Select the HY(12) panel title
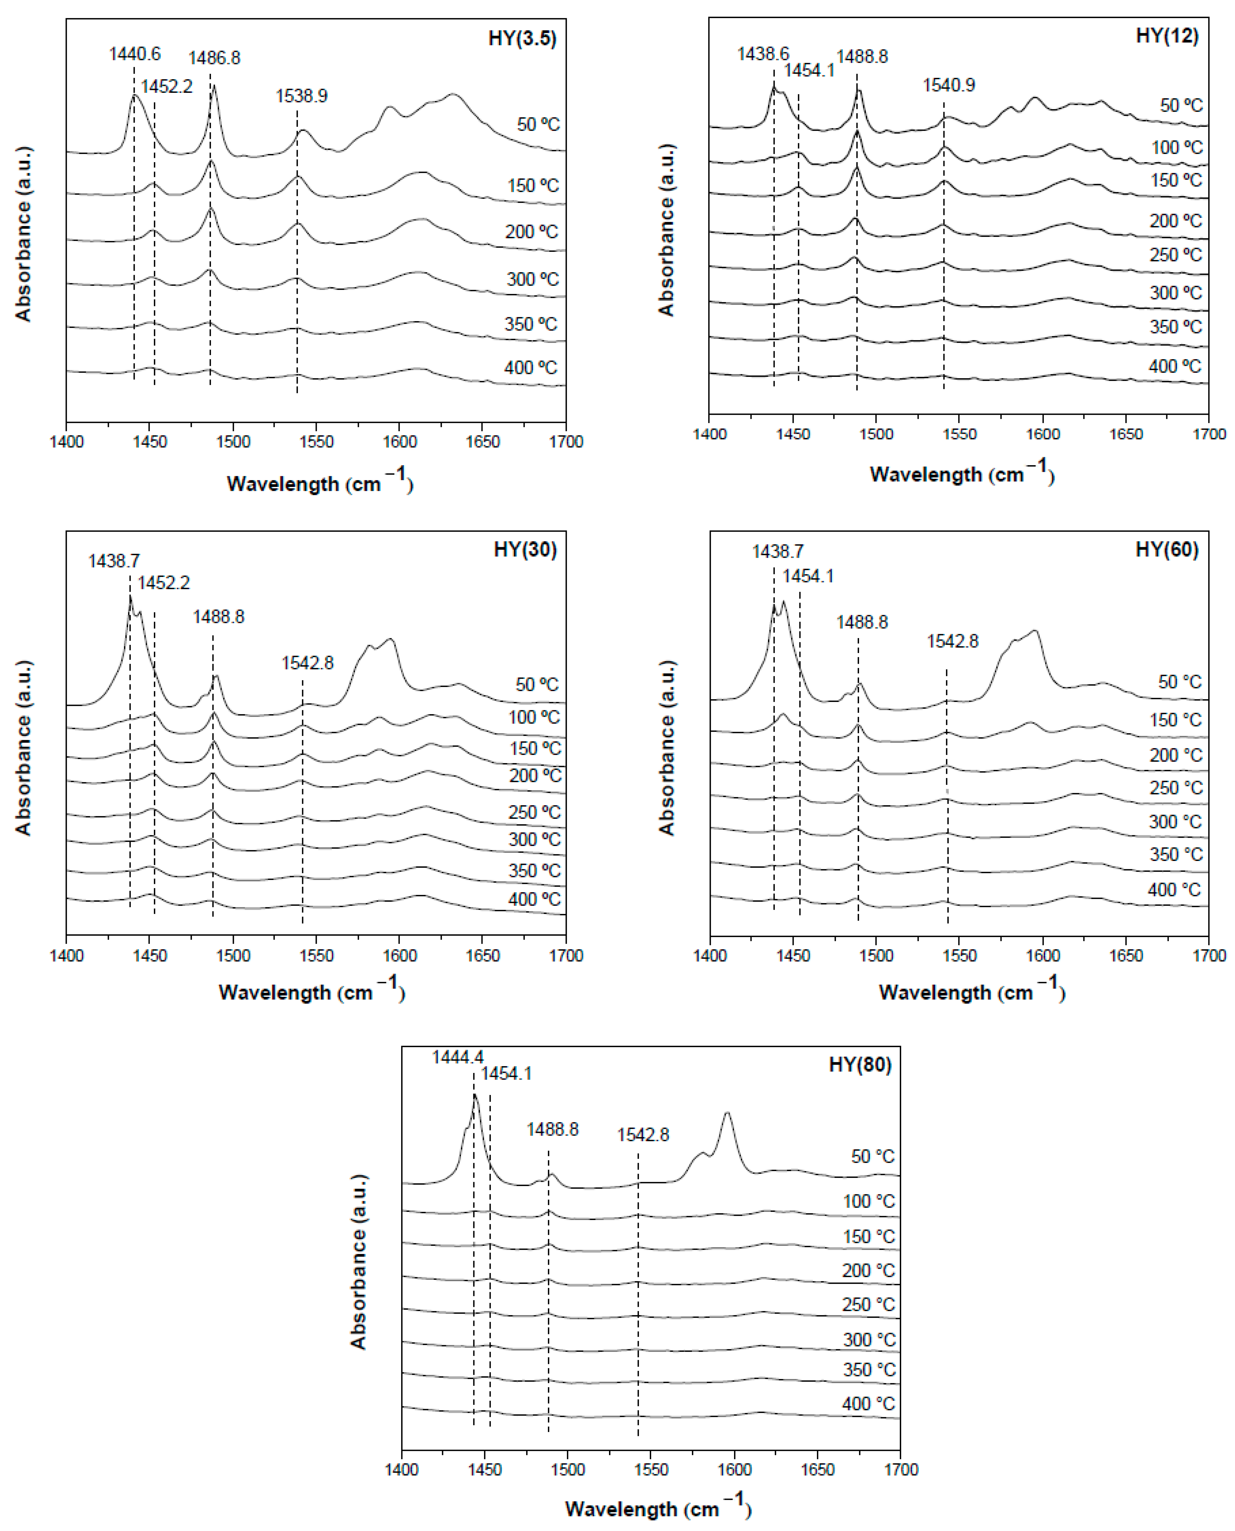point(1167,36)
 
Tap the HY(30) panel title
point(525,550)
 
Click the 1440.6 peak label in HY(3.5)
point(134,54)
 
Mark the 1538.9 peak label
point(302,96)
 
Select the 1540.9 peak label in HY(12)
point(949,85)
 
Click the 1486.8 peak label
point(214,58)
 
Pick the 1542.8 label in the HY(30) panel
point(307,663)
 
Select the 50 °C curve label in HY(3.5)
point(538,124)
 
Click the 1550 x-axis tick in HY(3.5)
point(316,442)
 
